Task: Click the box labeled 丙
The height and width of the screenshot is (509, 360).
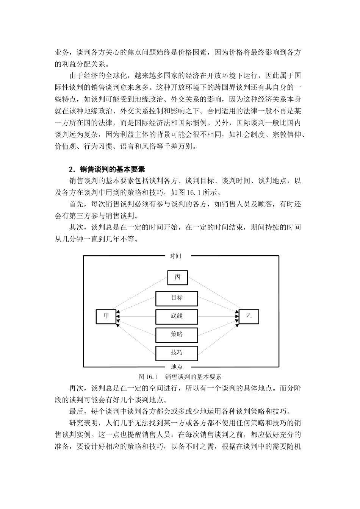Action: click(177, 278)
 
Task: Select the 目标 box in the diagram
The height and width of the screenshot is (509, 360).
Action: click(177, 298)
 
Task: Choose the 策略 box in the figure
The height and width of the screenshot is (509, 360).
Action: click(177, 335)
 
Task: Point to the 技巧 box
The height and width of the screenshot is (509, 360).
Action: click(177, 353)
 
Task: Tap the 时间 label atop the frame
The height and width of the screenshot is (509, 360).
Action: click(175, 256)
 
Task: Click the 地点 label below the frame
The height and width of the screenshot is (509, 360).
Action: click(177, 367)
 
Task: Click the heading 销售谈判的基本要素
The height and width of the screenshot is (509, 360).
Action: click(110, 169)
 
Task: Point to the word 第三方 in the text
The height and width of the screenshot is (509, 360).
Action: click(87, 216)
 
